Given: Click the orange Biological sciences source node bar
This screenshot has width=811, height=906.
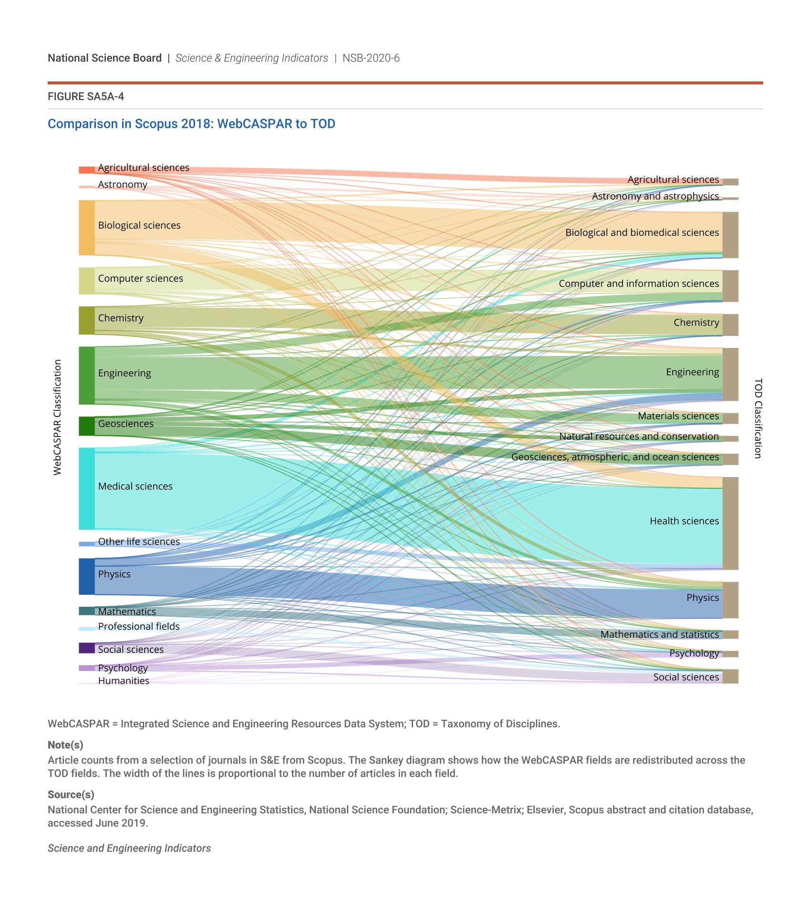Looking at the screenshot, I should (x=86, y=227).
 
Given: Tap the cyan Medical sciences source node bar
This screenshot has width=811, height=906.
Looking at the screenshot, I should (x=86, y=489).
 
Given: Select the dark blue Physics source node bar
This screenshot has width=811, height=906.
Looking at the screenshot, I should (x=86, y=576).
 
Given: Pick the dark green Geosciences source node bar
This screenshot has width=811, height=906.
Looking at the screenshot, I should (x=86, y=426).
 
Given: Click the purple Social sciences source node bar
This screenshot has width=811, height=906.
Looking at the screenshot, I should (x=86, y=648).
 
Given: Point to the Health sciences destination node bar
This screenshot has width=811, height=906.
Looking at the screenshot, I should (x=730, y=523).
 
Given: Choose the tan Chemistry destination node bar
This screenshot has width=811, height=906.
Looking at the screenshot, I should (x=730, y=325).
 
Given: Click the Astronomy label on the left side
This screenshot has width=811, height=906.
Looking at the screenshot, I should (x=123, y=184).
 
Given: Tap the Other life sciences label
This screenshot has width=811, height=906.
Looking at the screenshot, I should (x=139, y=541).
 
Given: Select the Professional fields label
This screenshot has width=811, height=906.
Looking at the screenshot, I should (x=139, y=626).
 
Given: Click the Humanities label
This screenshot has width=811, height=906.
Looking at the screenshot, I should (x=124, y=681).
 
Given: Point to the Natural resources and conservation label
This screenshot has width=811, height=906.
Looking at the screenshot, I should (x=639, y=436).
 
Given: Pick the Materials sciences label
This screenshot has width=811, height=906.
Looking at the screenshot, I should (x=678, y=416).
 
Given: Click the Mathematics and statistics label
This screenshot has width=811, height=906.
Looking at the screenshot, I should (x=659, y=634).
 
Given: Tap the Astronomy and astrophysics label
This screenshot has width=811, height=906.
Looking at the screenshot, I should (x=655, y=196).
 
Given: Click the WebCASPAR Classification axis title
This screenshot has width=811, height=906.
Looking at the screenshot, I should (x=57, y=417).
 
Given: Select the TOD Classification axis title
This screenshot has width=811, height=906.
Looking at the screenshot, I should (x=758, y=418).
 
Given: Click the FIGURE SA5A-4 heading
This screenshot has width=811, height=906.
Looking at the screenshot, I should (x=86, y=97).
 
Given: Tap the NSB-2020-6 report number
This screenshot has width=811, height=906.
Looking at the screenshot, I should (x=371, y=58).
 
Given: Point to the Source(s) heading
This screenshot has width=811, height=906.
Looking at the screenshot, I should (x=71, y=794).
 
